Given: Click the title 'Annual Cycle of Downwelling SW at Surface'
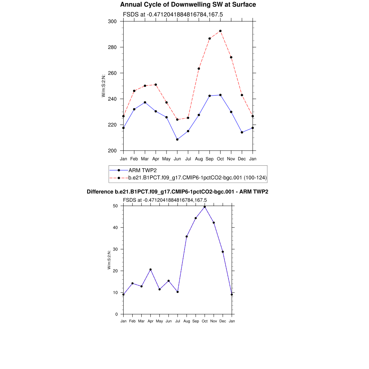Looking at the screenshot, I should coord(188,5).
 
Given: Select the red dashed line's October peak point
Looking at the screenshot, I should coord(221,31).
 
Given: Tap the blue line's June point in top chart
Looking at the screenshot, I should coord(177,139).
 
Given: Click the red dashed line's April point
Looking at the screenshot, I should coord(156,85).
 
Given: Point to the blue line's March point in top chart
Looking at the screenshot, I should coord(145,102).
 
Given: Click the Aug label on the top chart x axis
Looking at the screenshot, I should coord(199,159).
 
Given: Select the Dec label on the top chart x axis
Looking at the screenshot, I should coord(242,159).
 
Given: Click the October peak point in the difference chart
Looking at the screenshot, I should coord(205,207).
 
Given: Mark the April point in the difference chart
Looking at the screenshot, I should coord(150,270).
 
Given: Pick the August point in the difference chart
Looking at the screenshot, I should coord(187,236).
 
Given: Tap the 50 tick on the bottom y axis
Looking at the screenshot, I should coord(116,206).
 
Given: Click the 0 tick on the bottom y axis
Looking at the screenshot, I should coord(117,314).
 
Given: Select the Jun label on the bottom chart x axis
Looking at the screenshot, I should coord(168,321).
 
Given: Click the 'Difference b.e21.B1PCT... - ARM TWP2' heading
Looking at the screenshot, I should coord(177,192).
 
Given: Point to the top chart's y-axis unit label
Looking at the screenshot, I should coord(103,86).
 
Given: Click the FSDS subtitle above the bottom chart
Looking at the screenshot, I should coord(165,200).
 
